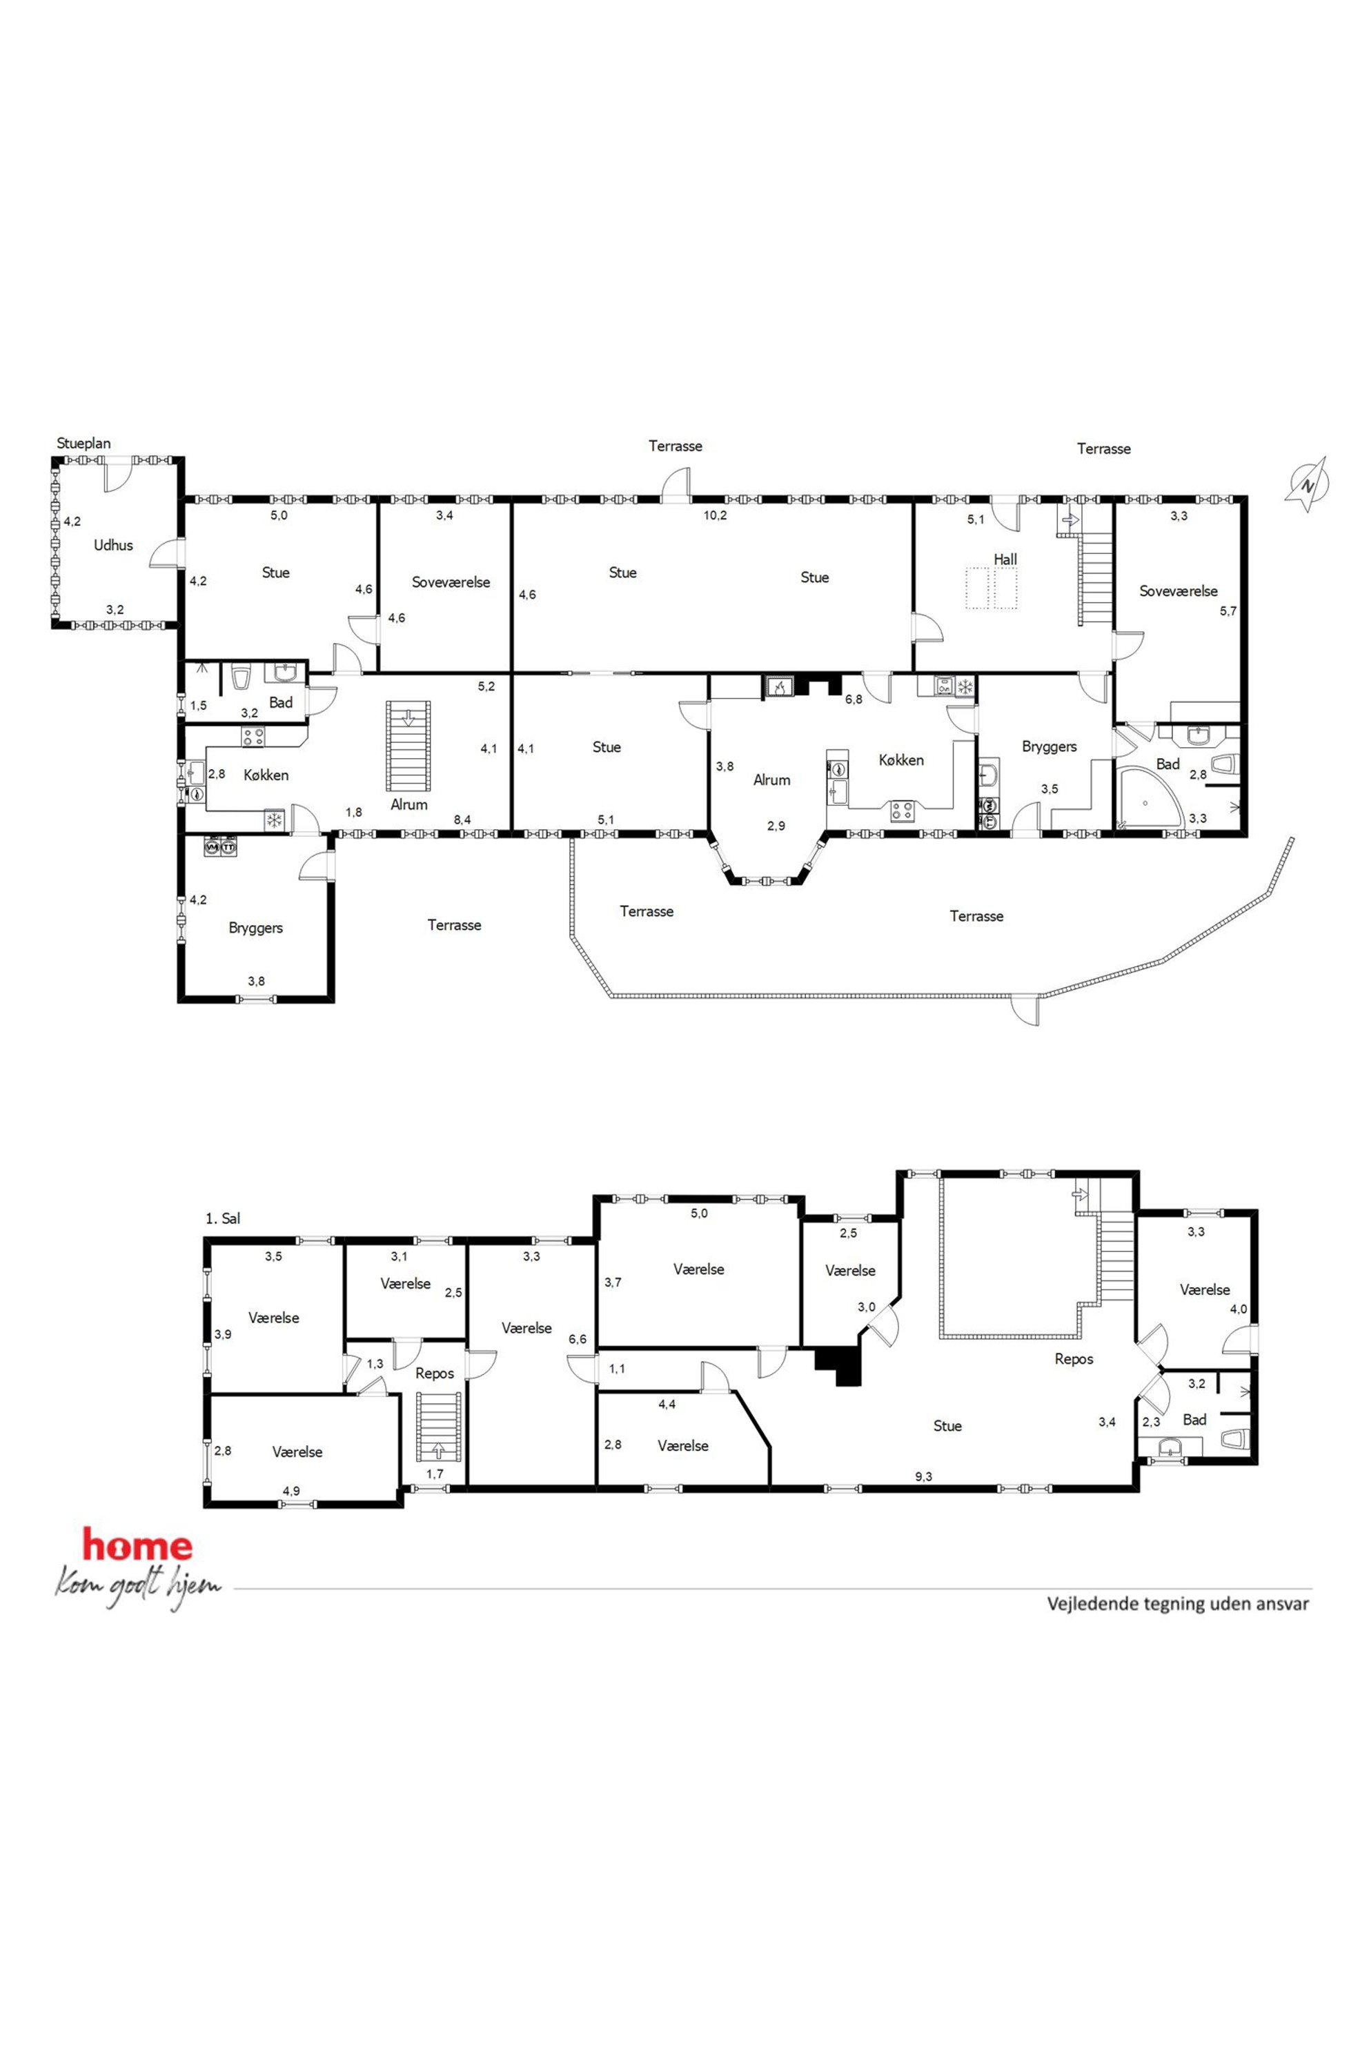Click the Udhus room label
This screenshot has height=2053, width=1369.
(x=113, y=546)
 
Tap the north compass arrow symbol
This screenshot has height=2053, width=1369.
(x=1306, y=484)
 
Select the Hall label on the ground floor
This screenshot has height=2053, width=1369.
(x=1005, y=559)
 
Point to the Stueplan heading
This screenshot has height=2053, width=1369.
(x=83, y=444)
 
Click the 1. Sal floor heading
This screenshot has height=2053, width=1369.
(x=223, y=1218)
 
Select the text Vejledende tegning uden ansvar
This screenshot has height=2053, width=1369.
(x=1178, y=1603)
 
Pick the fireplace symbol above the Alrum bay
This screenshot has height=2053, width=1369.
(x=778, y=687)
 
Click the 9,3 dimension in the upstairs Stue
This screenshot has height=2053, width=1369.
(x=924, y=1477)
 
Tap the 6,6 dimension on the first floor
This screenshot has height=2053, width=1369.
(x=577, y=1339)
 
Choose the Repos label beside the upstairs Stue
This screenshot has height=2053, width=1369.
(x=1074, y=1359)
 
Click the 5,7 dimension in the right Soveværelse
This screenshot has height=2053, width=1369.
(x=1228, y=611)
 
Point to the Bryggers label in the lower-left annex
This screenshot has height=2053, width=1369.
(x=256, y=928)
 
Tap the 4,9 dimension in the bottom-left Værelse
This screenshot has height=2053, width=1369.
(x=290, y=1491)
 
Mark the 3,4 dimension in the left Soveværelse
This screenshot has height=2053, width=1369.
(x=444, y=515)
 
